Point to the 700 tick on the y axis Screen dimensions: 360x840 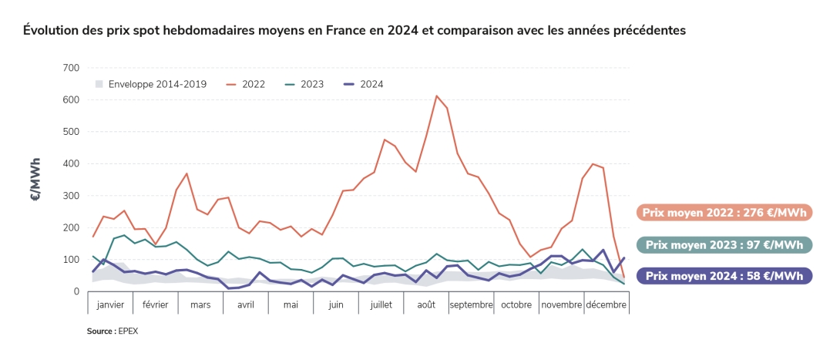point(70,68)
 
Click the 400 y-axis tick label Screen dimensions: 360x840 point(70,163)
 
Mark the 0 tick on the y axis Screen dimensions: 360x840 point(76,291)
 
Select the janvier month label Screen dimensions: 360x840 point(110,304)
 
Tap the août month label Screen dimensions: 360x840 point(425,304)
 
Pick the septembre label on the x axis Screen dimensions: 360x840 point(471,304)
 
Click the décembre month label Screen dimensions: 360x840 point(606,304)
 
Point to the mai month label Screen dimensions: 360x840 point(291,304)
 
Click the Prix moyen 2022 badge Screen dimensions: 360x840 point(724,213)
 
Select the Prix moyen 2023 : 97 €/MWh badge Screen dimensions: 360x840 point(724,244)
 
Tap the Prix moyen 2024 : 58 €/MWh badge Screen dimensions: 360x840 point(724,276)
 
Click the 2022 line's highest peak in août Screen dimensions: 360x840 point(436,96)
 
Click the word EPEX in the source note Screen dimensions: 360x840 point(129,331)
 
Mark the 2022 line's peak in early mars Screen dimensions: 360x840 point(186,173)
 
